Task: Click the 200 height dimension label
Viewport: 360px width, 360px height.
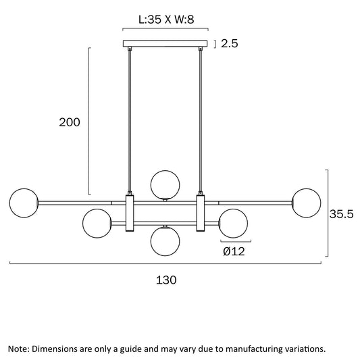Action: coord(70,122)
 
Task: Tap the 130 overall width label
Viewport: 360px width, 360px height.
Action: coord(166,280)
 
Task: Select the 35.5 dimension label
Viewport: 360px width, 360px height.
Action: coord(341,214)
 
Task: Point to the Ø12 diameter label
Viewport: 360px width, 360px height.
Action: coord(234,252)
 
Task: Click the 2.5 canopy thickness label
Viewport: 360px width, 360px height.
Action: coord(230,43)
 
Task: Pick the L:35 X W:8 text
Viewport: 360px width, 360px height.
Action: coord(166,20)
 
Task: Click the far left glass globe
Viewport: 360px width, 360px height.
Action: coord(24,203)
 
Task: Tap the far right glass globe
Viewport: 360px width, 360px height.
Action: coord(306,203)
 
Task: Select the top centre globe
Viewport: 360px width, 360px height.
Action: coord(165,185)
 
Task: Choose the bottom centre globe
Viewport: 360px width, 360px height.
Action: coord(165,241)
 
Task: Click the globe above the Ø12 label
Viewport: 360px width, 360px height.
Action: coord(233,223)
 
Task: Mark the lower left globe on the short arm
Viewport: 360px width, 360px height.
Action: coord(97,223)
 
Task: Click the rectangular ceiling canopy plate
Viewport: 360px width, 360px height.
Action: coord(165,44)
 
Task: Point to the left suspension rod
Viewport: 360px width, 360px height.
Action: coord(130,121)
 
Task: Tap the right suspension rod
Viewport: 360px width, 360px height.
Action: coord(201,121)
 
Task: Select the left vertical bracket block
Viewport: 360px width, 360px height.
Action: coord(130,213)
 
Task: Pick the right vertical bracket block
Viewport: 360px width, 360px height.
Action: coord(201,213)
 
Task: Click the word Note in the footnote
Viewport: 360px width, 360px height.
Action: coord(19,349)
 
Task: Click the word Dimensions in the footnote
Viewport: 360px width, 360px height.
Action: coord(55,349)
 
